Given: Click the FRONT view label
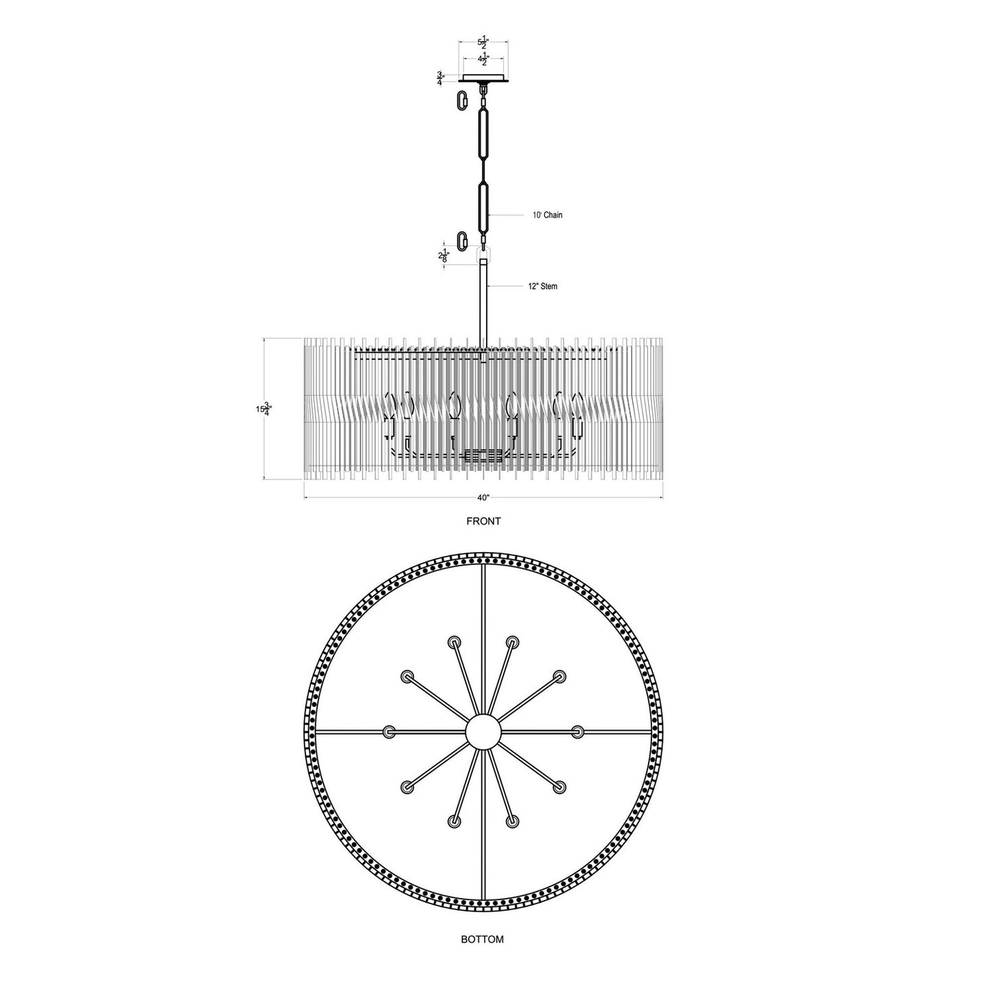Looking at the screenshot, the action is click(483, 521).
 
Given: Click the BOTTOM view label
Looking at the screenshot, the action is click(482, 954).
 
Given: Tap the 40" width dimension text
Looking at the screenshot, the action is click(483, 498).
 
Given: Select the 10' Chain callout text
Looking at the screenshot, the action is click(547, 215).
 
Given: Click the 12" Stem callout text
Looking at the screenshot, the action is click(542, 286).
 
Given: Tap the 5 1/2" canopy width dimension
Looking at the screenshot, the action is click(483, 43).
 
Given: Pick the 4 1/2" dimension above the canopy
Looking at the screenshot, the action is click(483, 60).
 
